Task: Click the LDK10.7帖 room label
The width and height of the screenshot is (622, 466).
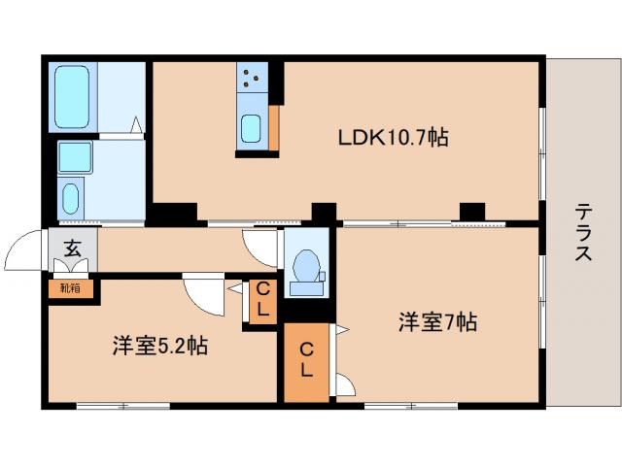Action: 393,138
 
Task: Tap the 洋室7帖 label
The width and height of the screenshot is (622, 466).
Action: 436,322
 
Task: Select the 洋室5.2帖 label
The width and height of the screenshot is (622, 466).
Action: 158,345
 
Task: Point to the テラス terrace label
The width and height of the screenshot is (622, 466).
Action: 583,233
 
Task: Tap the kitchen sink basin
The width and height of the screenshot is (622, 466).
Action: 250,128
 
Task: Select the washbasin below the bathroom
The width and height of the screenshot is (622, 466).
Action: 71,199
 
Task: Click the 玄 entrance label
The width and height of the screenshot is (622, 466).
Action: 73,249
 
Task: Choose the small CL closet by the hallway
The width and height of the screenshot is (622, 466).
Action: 261,301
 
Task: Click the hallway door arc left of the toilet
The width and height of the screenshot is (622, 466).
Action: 260,247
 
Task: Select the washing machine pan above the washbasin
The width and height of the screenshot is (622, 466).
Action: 74,156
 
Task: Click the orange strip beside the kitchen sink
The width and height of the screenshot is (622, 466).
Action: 273,125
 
